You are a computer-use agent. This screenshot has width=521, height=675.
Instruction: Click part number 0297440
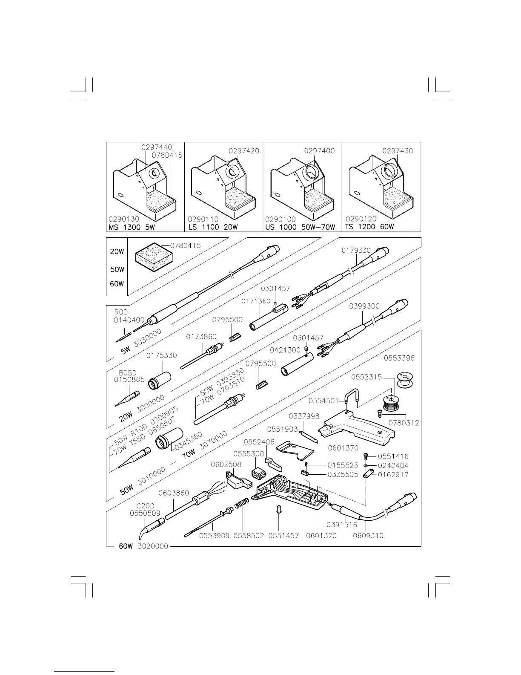157,147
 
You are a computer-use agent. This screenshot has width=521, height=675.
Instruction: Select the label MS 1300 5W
132,227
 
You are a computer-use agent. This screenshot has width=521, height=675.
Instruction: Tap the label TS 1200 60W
370,227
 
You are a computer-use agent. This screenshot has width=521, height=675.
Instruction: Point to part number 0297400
319,150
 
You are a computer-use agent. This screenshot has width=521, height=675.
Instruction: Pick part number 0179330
356,251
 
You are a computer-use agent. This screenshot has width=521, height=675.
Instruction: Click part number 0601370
343,448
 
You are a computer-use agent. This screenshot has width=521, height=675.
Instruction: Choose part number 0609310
368,535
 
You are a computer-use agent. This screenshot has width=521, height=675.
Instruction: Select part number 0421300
285,350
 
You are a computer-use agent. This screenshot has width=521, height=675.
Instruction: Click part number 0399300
364,306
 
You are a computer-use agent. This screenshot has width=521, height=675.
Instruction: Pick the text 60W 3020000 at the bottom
143,546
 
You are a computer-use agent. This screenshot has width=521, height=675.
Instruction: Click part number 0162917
393,475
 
